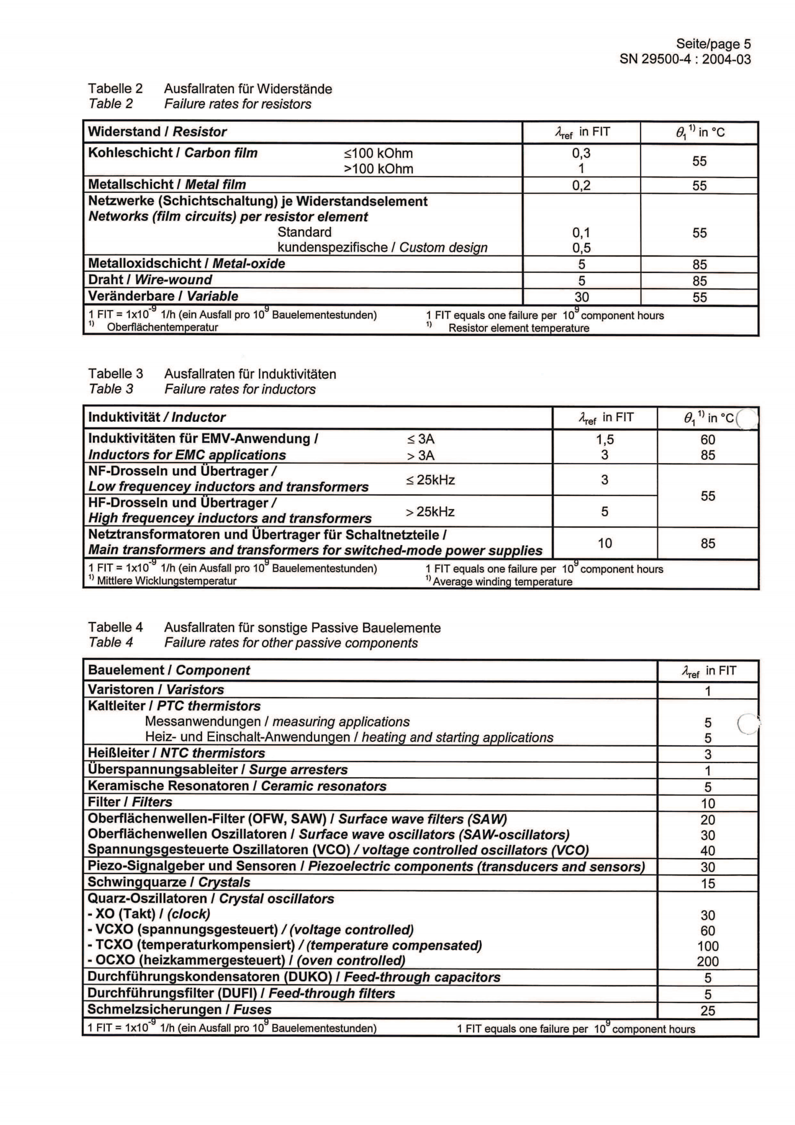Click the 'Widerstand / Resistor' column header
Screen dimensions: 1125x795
[x=157, y=132]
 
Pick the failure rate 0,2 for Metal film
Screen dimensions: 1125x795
[x=581, y=185]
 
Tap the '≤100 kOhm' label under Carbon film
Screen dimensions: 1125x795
[x=378, y=153]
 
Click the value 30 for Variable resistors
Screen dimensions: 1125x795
[x=581, y=297]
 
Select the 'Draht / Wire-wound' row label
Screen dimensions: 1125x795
[x=150, y=280]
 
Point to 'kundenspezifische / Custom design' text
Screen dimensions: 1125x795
[x=382, y=247]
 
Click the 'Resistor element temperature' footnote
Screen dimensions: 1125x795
[x=518, y=329]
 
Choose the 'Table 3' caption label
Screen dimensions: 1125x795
[x=111, y=389]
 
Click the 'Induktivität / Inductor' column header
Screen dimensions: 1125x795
[x=156, y=417]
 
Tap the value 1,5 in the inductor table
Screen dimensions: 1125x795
[x=605, y=440]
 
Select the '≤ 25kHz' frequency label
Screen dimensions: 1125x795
[x=430, y=480]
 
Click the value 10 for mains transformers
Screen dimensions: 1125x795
[x=605, y=543]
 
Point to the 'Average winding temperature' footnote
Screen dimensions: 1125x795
[x=502, y=581]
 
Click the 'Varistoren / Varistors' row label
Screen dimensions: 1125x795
[x=156, y=690]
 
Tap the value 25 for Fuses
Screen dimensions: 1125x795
[x=707, y=1011]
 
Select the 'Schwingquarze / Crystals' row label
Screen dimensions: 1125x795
[x=168, y=883]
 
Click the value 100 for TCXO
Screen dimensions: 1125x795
[x=707, y=946]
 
